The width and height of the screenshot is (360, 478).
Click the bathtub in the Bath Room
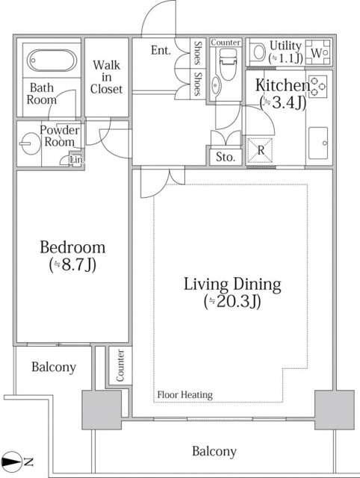(x=52, y=60)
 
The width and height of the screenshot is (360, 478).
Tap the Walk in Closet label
(x=106, y=77)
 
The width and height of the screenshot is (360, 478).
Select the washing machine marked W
(x=318, y=52)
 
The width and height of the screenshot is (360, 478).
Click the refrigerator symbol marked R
(x=260, y=150)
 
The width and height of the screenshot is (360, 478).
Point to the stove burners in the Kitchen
(x=318, y=87)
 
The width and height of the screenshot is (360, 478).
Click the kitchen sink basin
(x=318, y=143)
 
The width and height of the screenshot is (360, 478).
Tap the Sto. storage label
(x=226, y=157)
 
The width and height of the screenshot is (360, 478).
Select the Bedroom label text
(x=72, y=247)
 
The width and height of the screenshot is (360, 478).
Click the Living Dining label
(x=232, y=285)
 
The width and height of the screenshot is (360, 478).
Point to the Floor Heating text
(x=184, y=395)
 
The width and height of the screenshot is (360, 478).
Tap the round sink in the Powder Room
(x=29, y=143)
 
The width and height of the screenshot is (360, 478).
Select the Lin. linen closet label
(x=76, y=159)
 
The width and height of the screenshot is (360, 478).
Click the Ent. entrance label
(x=161, y=50)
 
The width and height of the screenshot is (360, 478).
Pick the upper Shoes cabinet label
(x=198, y=53)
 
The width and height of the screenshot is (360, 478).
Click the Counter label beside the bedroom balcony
(x=120, y=365)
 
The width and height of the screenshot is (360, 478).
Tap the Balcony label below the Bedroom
(x=54, y=367)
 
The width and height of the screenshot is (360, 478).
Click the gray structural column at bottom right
(x=335, y=409)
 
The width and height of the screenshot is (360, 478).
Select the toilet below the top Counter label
(x=228, y=63)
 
